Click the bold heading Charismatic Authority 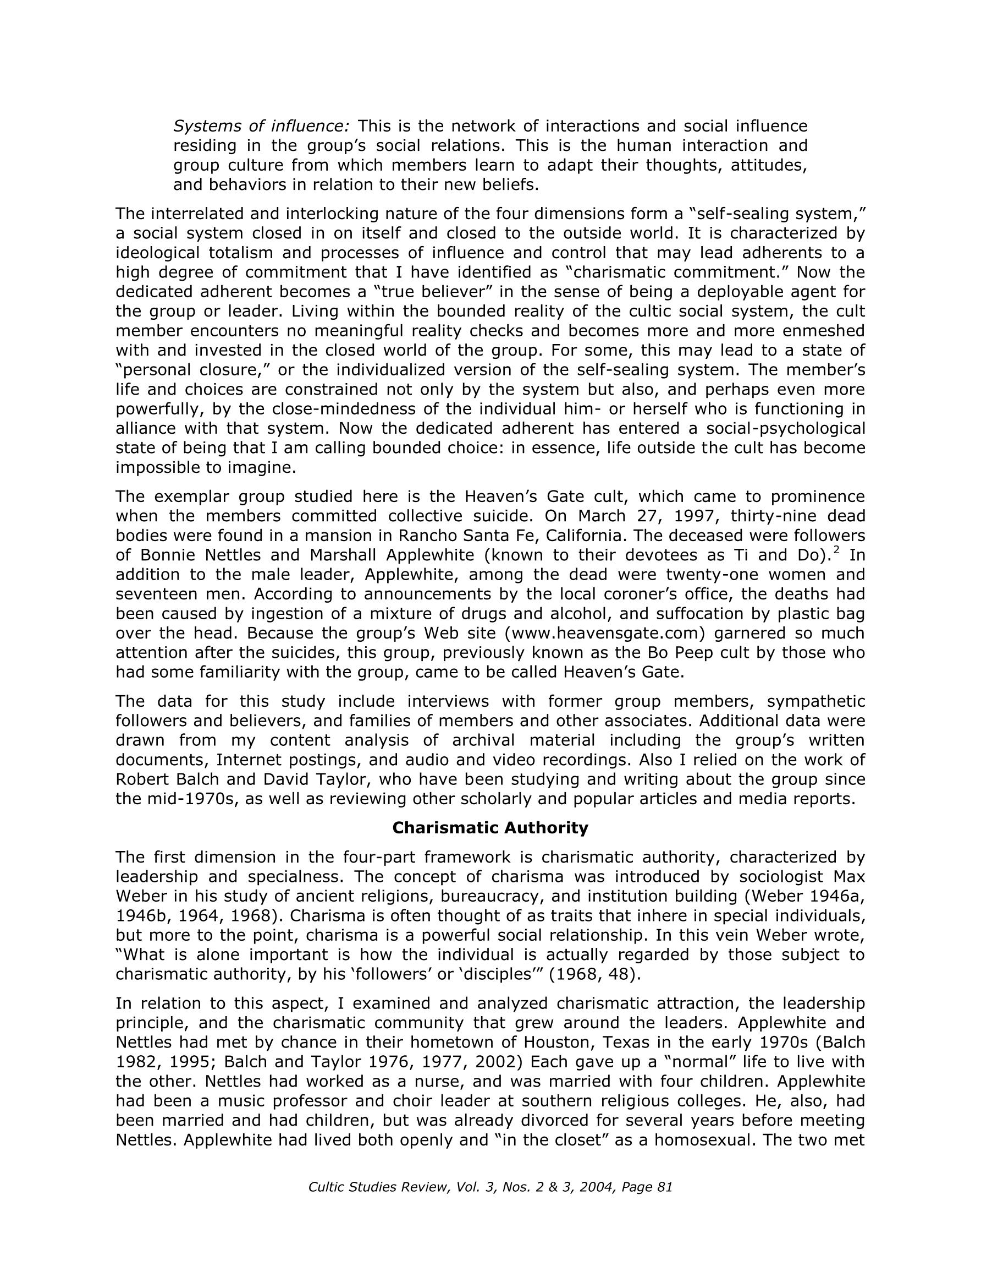(x=490, y=827)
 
